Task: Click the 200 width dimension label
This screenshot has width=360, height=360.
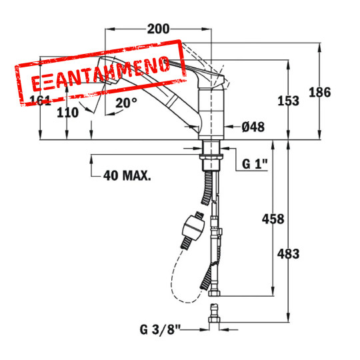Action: [158, 29]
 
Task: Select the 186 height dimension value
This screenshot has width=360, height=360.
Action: [320, 92]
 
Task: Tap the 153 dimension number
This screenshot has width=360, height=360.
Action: [289, 101]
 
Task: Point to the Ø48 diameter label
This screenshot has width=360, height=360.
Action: [253, 127]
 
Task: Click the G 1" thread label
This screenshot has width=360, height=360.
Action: [255, 164]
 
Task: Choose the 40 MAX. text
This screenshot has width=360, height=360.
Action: [127, 176]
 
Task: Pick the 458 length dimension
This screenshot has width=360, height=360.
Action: [273, 219]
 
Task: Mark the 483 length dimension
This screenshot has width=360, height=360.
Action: [289, 254]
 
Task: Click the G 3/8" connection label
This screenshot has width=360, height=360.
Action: [160, 330]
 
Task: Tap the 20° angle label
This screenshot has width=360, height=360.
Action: [126, 103]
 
